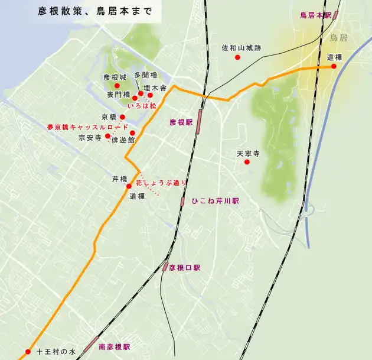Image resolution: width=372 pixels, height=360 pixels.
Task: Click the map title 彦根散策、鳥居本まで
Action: click(94, 11)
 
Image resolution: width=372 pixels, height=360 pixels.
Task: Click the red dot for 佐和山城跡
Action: click(238, 57)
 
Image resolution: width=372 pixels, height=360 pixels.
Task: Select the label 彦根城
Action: click(115, 77)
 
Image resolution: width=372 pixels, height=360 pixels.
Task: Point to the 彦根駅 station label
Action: click(181, 123)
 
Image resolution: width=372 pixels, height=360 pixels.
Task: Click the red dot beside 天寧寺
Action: click(247, 162)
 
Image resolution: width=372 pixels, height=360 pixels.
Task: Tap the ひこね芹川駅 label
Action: click(215, 201)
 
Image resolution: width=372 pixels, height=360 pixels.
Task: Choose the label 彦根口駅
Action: click(184, 267)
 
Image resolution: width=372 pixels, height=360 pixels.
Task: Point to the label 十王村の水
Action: click(57, 351)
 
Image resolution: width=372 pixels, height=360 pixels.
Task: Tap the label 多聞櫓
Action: click(145, 75)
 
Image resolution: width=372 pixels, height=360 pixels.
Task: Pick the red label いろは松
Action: click(142, 106)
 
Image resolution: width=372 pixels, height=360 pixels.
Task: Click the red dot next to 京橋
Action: click(122, 117)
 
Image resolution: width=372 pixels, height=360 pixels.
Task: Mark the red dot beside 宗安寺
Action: click(107, 137)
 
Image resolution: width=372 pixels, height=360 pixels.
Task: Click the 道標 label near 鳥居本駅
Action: click(334, 57)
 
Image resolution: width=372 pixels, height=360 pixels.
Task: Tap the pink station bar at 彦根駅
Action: click(200, 121)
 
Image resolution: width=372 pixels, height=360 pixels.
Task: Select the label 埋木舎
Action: click(155, 87)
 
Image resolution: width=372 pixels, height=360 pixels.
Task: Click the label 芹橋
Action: click(119, 179)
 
